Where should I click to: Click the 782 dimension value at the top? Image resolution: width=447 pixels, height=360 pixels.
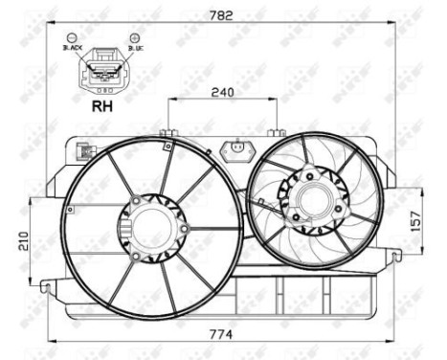223,14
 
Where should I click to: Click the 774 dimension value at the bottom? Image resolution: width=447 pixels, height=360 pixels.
223,334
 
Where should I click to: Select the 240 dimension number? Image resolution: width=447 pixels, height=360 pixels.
222,92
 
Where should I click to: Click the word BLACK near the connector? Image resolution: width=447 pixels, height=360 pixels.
74,46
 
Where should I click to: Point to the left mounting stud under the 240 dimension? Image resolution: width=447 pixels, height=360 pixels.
168,133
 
